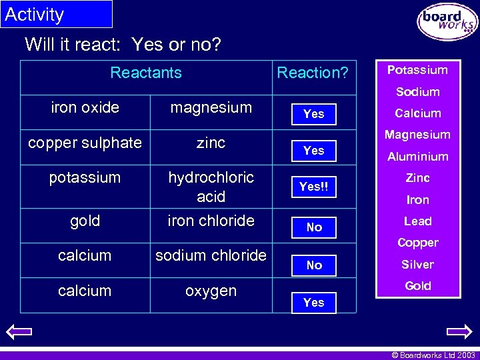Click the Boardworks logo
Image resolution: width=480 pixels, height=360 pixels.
pos(447,22)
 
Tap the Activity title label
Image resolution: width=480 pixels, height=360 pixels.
pos(35,14)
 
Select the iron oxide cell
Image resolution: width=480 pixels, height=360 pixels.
pos(85,107)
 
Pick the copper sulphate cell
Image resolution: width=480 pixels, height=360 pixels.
pos(85,143)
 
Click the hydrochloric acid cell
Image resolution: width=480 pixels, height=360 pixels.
pos(211,187)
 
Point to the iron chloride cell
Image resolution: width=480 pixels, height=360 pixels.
pos(211,221)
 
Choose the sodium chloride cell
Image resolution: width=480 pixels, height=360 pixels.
pos(211,255)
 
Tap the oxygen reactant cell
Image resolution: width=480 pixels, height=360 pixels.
pos(211,291)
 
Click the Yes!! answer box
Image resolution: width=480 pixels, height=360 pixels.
pos(313,187)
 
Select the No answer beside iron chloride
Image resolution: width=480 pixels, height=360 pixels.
pos(314,227)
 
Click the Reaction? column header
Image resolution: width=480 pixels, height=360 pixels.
pos(312,73)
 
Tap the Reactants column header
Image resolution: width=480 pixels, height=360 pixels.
pos(146,73)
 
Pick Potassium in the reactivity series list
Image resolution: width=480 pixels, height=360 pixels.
pos(418,70)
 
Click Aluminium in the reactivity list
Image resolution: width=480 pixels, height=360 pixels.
pos(418,157)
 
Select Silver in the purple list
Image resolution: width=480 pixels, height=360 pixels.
pos(418,265)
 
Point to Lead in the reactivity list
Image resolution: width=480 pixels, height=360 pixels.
pos(418,221)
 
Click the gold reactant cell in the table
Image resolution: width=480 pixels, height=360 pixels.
pos(85,221)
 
